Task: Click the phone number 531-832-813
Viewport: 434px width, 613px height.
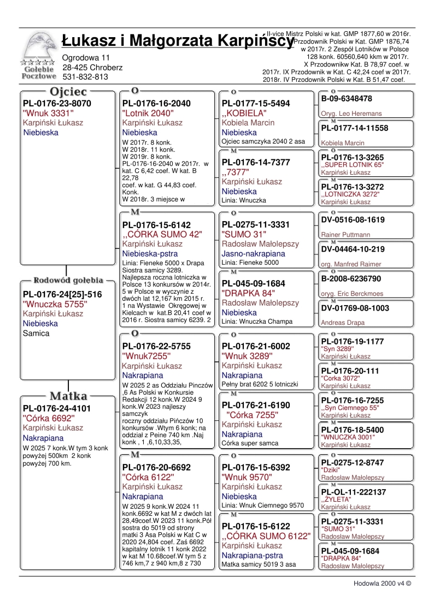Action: coord(85,77)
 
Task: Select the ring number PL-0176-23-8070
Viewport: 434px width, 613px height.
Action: coord(57,103)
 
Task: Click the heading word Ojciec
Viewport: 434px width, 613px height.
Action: coord(68,91)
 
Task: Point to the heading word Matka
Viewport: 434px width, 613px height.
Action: coord(69,396)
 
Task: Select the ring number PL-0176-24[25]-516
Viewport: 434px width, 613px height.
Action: coord(62,294)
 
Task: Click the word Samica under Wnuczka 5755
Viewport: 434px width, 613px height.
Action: coord(36,333)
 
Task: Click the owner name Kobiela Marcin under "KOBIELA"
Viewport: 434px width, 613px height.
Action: coord(248,123)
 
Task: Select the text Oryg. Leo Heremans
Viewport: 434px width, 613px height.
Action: coord(351,114)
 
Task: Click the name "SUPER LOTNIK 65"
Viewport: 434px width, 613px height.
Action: coord(353,164)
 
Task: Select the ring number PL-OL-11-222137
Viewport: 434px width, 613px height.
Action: coord(354,492)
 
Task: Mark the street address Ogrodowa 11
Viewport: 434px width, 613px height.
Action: coord(86,57)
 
